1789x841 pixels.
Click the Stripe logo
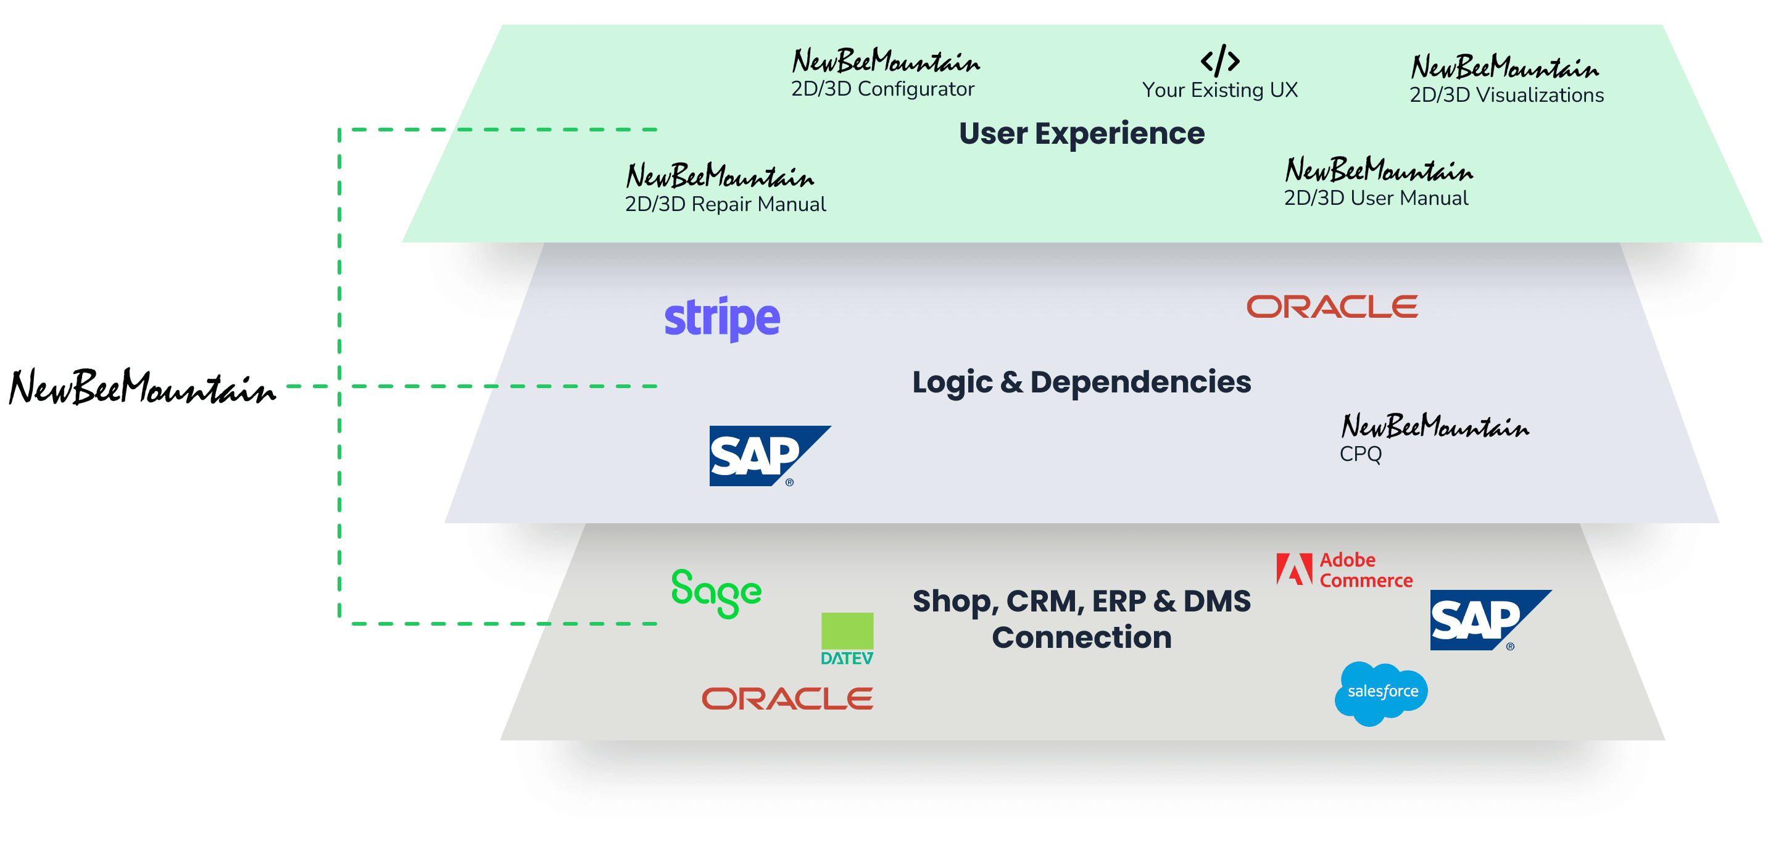coord(721,319)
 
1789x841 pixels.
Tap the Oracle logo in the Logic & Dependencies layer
coord(1331,307)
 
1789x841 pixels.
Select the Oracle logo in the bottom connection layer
coord(787,698)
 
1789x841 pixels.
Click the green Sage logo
coord(716,592)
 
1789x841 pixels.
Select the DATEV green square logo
coord(847,637)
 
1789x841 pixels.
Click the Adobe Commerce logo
coord(1344,570)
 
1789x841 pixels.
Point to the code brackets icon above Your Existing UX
coord(1219,60)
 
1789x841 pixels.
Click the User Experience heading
coord(1081,133)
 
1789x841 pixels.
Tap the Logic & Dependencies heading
coord(1081,382)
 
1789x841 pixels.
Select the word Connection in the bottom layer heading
coord(1081,637)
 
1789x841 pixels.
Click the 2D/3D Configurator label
coord(882,89)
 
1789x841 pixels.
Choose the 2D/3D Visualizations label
coord(1506,95)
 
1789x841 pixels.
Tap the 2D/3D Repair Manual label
coord(725,204)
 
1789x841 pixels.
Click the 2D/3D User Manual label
coord(1375,198)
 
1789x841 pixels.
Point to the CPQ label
coord(1360,454)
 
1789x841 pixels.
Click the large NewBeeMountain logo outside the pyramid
coord(143,387)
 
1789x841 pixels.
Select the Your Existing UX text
coord(1219,90)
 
